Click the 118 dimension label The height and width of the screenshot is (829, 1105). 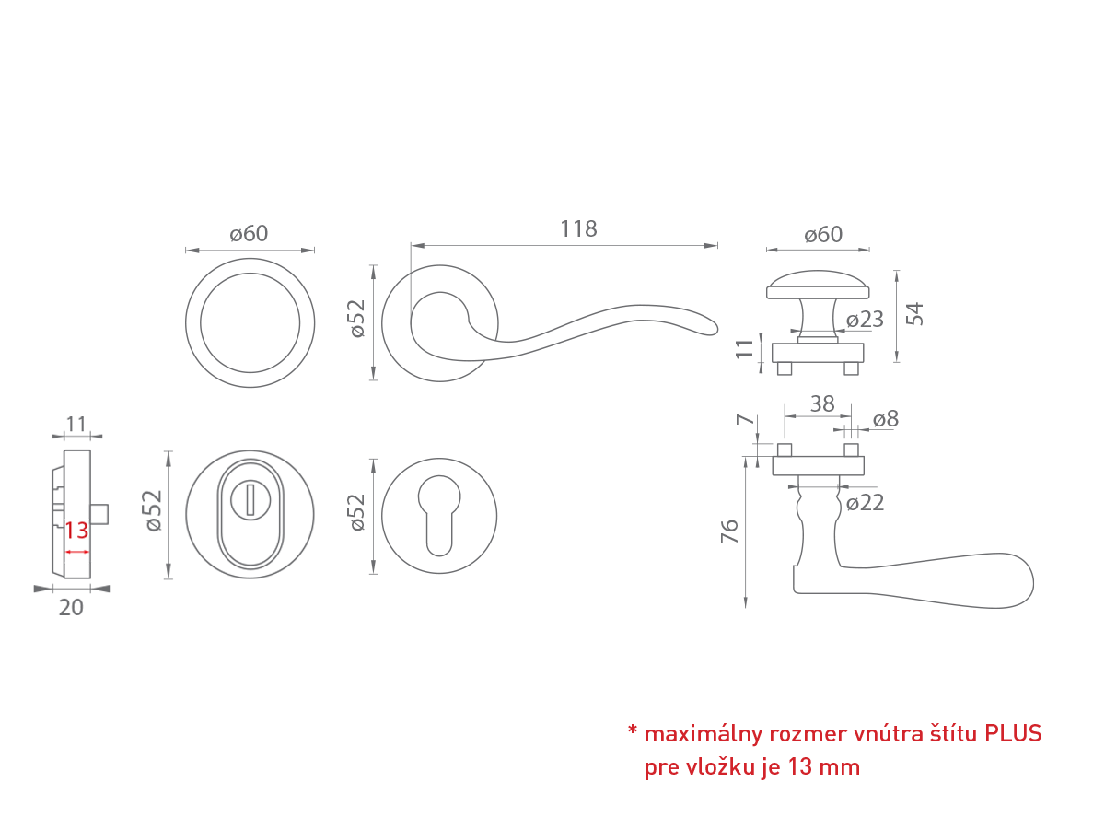coord(578,229)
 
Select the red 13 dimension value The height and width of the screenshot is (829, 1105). coord(76,531)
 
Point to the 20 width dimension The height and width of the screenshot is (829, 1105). coord(71,608)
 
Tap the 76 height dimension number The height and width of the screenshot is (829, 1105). coord(729,531)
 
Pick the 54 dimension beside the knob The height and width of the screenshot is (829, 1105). coord(914,313)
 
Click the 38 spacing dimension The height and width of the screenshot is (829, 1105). coord(821,403)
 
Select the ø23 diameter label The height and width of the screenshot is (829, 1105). coord(865,320)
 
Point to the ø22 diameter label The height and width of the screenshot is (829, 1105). coord(865,503)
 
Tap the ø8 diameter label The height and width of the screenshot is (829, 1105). coord(885,419)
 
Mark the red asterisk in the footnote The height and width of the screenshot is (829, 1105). coord(633,733)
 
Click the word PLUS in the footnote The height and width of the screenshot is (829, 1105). coord(1013,733)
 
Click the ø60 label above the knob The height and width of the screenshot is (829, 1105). coord(822,235)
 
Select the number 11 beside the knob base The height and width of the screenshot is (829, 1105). coord(746,349)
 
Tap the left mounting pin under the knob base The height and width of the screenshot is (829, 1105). coord(785,368)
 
